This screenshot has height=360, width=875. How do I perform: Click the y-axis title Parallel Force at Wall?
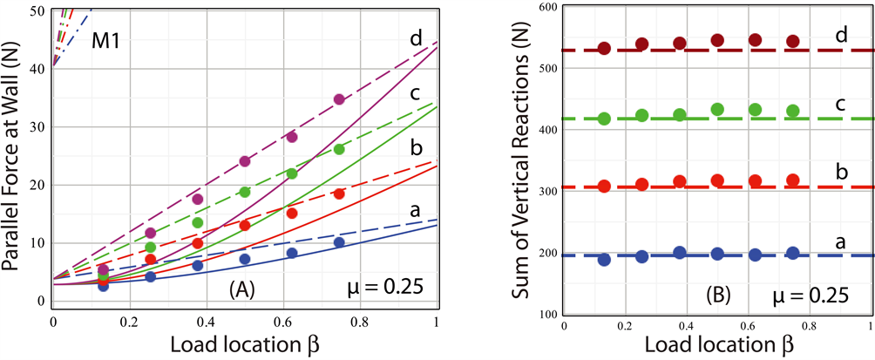pos(15,157)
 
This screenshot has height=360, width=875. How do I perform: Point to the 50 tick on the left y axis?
pos(38,11)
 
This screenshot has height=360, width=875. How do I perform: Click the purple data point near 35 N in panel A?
pos(339,99)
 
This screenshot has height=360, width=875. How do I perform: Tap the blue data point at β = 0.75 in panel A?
pos(339,242)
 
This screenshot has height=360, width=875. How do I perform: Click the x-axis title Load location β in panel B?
pos(718,345)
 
